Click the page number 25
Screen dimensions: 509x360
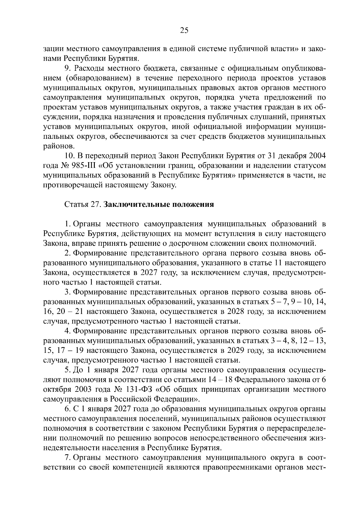[x=184, y=30]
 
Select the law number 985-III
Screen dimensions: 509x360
[x=78, y=166]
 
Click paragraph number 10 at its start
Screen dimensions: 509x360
[x=69, y=156]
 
